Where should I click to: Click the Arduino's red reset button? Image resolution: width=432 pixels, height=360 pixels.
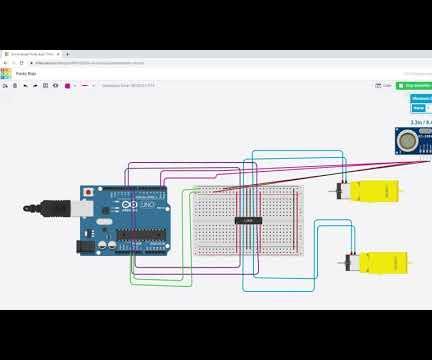tap(89, 191)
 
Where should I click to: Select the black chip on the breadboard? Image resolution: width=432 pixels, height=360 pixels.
tap(247, 219)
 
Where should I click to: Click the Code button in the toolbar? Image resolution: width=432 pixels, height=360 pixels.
tap(385, 85)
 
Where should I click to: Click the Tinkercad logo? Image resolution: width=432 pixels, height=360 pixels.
tap(6, 73)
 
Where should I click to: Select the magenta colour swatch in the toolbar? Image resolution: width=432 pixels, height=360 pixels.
tap(67, 86)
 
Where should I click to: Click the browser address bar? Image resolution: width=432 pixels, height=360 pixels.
tap(150, 62)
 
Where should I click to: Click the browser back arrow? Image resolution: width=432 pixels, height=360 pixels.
tap(5, 62)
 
